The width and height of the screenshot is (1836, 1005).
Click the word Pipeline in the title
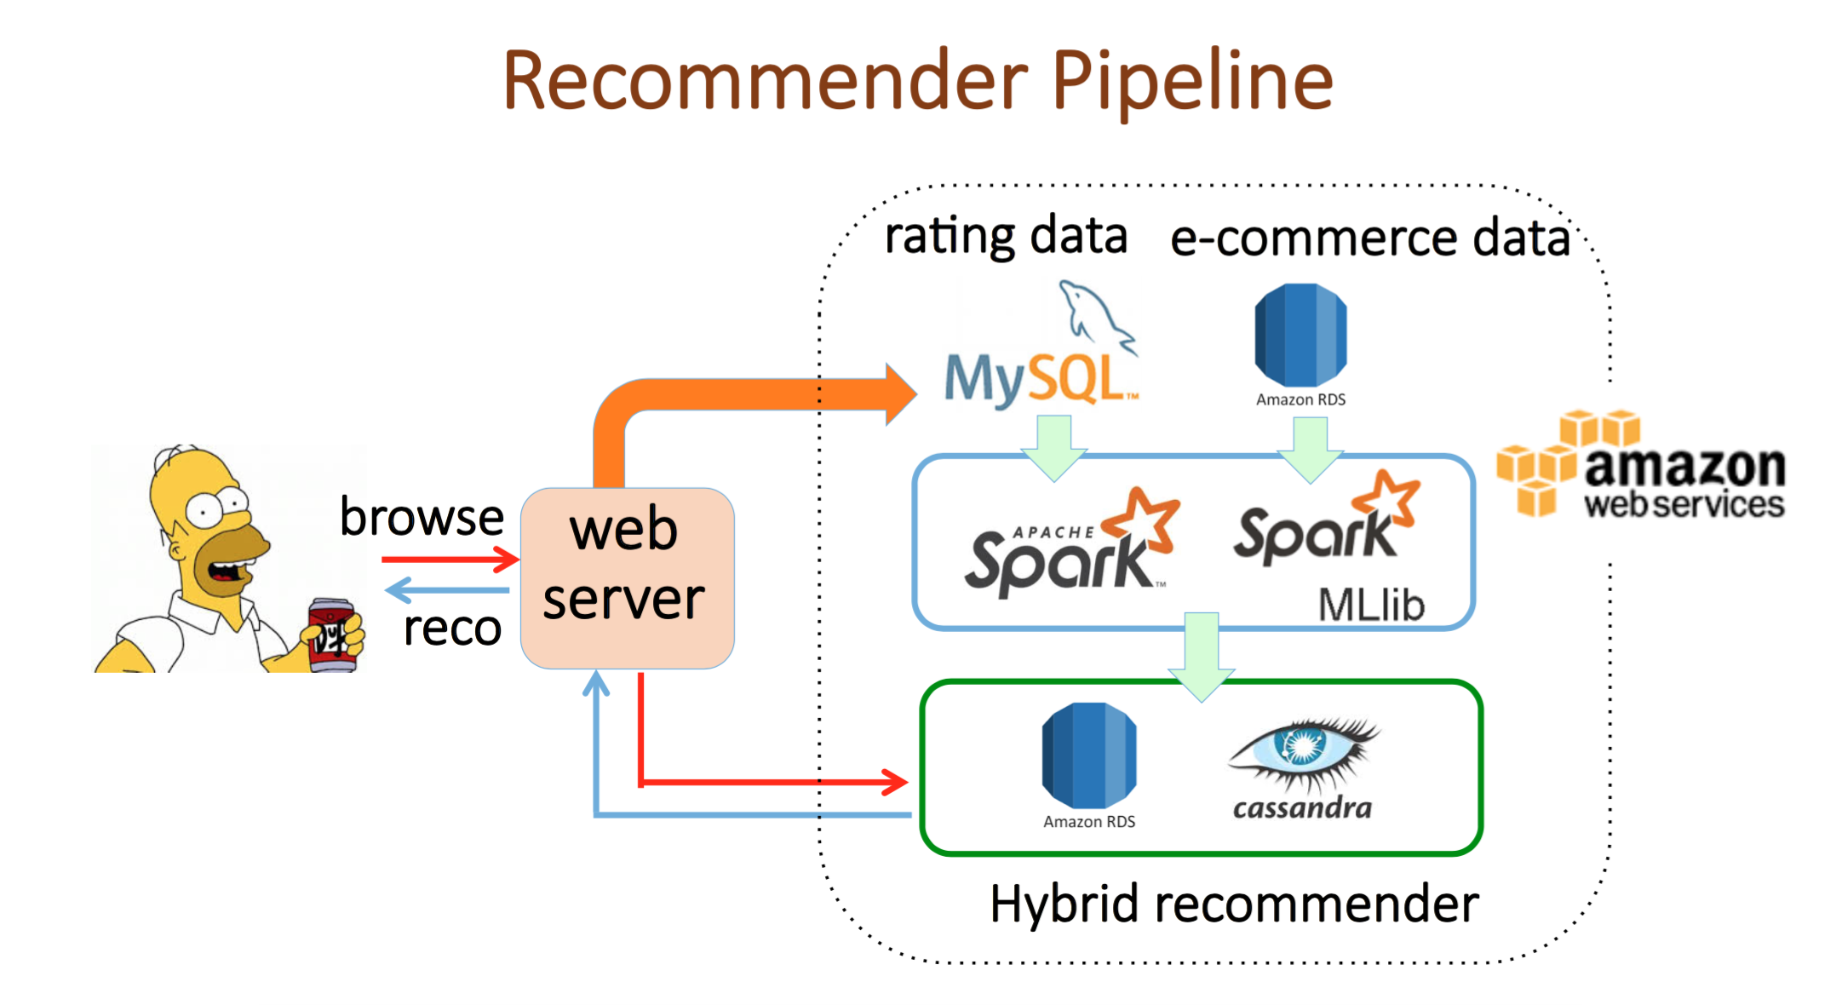coord(1192,82)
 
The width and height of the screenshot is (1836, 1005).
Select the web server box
coord(627,577)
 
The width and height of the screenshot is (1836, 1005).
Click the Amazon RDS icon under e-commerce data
coord(1300,336)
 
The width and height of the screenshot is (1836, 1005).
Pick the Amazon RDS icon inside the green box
coord(1088,756)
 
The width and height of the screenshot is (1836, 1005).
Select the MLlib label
coord(1371,606)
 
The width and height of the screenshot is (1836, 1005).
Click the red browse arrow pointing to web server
coord(450,560)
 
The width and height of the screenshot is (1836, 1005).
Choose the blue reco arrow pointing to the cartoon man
coord(447,589)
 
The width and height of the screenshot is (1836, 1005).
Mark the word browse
coord(422,517)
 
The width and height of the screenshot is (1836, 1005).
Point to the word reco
coord(452,629)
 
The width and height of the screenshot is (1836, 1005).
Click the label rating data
coord(1006,236)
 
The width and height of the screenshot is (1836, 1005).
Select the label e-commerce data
coord(1370,238)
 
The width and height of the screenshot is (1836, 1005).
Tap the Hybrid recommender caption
coord(1234,904)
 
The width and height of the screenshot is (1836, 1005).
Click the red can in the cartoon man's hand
coord(330,635)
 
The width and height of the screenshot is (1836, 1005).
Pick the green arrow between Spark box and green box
coord(1202,656)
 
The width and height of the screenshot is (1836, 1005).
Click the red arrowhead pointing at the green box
coord(894,781)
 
